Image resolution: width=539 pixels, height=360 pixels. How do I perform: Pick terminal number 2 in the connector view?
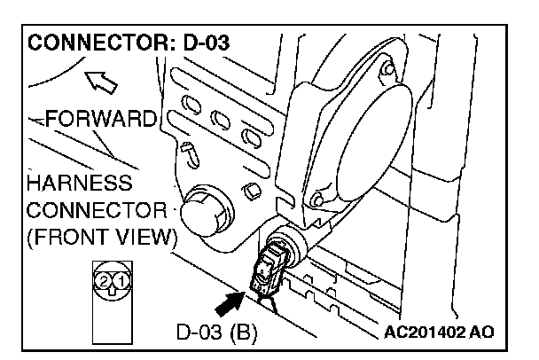(104, 281)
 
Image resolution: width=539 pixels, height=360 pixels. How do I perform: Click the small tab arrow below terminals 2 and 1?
(111, 293)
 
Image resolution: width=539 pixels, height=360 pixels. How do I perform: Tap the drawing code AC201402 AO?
(440, 332)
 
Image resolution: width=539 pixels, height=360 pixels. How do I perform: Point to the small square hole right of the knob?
(252, 189)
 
